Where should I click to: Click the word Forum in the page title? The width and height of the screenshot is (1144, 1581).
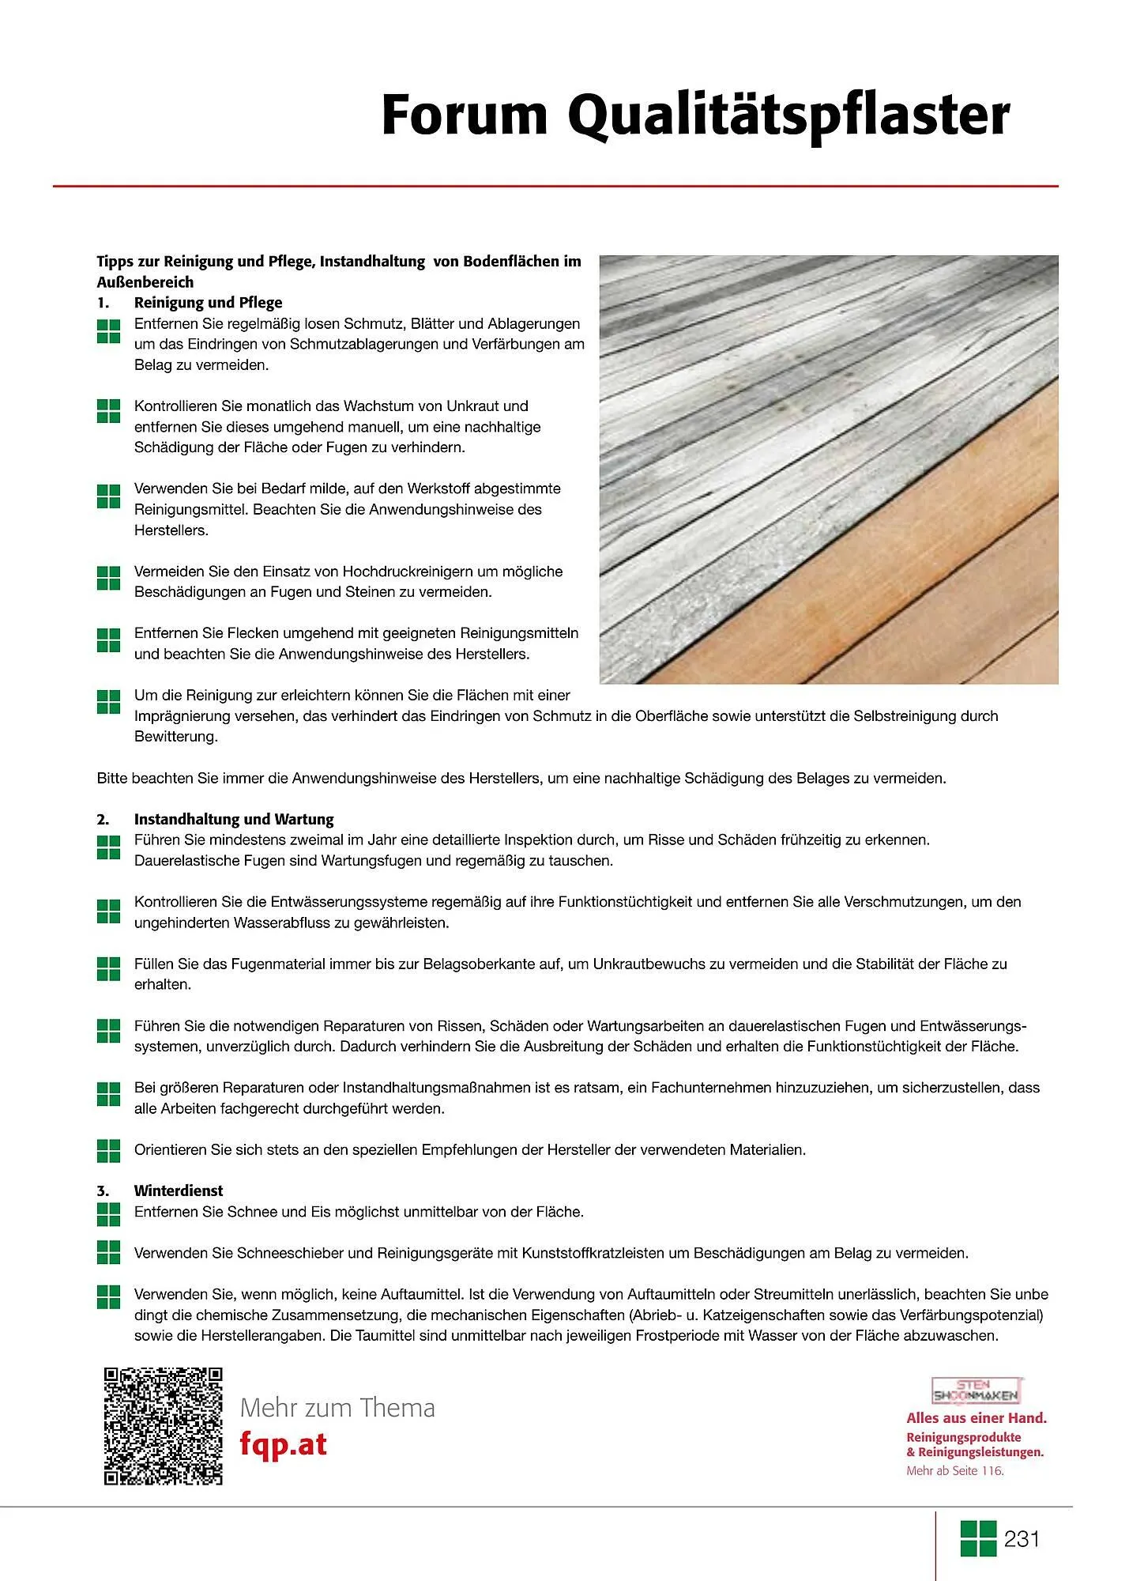464,115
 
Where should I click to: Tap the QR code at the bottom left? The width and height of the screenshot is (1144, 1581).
164,1426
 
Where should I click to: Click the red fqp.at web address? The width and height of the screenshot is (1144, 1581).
283,1443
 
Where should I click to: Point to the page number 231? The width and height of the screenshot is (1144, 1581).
1022,1539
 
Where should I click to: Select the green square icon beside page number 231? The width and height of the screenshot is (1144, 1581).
978,1538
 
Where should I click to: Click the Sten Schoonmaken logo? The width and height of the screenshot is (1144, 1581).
977,1391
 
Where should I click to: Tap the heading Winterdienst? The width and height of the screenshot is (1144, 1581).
179,1190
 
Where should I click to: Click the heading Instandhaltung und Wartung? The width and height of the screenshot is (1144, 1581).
234,819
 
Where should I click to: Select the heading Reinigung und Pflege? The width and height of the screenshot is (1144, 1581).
208,303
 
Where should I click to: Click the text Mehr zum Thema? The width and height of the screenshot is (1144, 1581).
337,1408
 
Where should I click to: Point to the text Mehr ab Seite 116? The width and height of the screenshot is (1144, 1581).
954,1471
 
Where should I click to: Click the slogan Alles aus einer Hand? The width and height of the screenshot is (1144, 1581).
977,1418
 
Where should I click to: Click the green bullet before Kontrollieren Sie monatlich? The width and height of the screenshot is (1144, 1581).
108,410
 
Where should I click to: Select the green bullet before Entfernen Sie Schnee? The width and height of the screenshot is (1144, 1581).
108,1213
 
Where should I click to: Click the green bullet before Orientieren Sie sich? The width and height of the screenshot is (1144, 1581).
108,1151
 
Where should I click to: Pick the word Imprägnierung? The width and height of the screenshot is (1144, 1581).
183,716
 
